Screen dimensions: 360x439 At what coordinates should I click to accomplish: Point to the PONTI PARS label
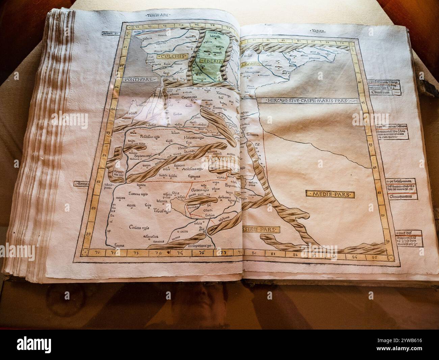(138, 80)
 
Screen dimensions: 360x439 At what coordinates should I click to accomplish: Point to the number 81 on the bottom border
(274, 254)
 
